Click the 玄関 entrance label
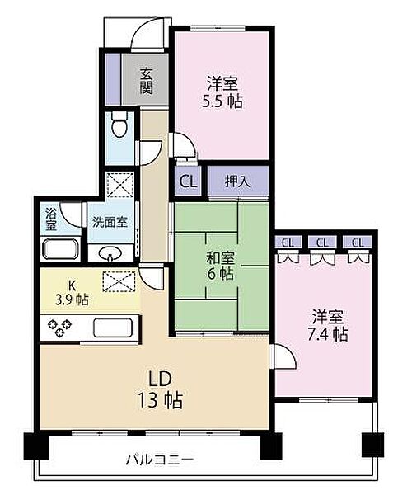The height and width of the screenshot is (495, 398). [146, 80]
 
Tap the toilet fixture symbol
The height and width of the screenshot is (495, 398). [120, 127]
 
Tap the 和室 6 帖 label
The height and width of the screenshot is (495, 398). [220, 265]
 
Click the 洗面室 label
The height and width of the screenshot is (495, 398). [109, 221]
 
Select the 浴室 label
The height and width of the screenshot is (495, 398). [52, 218]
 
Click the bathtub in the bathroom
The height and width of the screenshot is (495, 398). [59, 250]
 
